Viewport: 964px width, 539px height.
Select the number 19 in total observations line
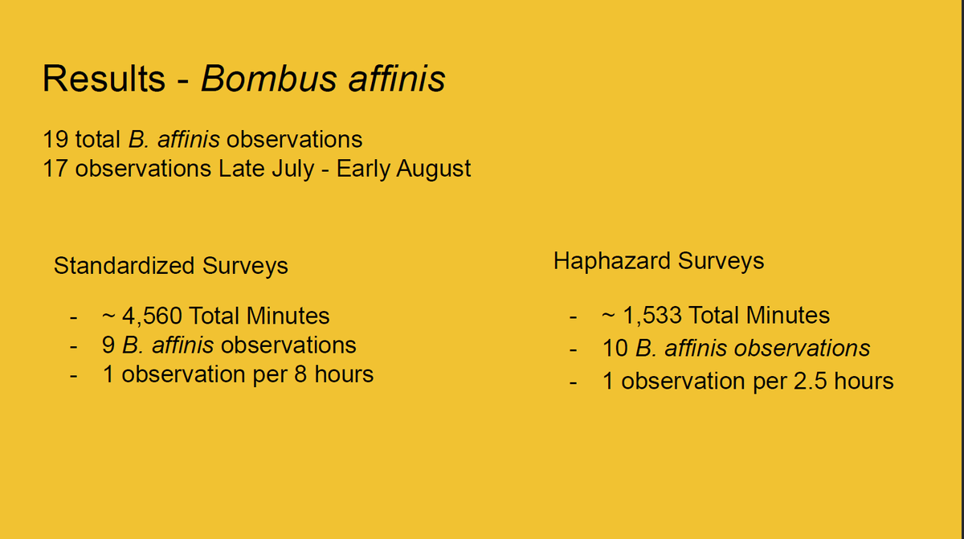[x=55, y=140]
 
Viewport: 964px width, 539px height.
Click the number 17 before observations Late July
[x=55, y=169]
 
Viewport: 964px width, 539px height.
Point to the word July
[x=292, y=169]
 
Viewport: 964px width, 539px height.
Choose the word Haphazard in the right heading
[x=612, y=261]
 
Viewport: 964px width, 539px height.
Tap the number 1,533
[x=652, y=316]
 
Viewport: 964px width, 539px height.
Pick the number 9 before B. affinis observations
[x=108, y=345]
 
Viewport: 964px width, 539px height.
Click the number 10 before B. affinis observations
[x=615, y=349]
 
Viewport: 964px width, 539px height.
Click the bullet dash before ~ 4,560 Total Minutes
[x=74, y=318]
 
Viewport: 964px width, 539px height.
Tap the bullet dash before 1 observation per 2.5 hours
[x=574, y=382]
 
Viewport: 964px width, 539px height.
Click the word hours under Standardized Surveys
[x=344, y=374]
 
